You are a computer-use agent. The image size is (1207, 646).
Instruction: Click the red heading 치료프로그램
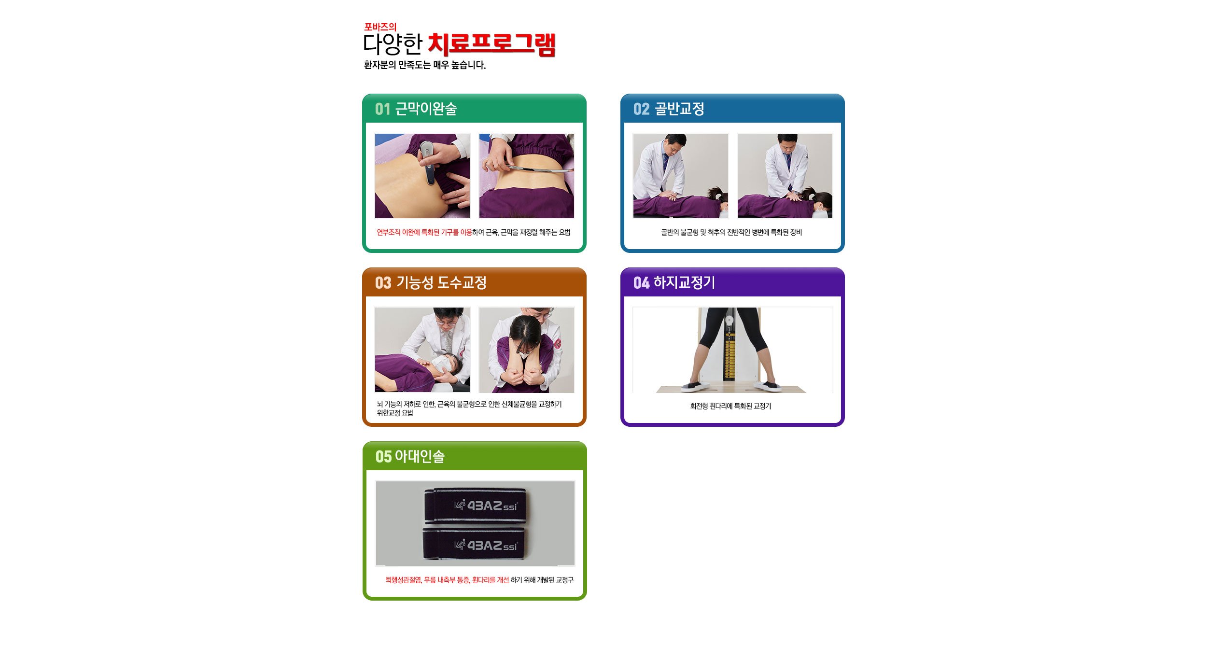(x=491, y=44)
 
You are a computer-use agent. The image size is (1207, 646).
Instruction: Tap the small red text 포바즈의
(x=380, y=27)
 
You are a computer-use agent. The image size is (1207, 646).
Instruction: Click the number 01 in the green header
(x=382, y=109)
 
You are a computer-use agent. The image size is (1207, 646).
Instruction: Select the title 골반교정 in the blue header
(x=679, y=109)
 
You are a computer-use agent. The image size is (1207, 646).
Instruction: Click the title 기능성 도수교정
(x=441, y=282)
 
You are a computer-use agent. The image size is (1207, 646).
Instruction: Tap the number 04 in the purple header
(x=641, y=283)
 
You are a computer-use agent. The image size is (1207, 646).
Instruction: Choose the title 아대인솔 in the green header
(x=420, y=456)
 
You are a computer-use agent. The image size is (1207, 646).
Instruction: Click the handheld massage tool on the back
(x=427, y=162)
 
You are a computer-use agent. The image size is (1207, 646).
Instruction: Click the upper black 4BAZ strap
(x=476, y=506)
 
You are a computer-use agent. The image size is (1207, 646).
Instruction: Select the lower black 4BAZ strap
(x=475, y=545)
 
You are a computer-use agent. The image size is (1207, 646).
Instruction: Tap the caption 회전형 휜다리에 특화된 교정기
(x=730, y=407)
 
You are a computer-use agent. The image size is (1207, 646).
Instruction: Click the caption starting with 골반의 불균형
(x=731, y=233)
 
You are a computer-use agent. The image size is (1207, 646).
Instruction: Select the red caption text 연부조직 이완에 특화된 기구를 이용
(x=424, y=233)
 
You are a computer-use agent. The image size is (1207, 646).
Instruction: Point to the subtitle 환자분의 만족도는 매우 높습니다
(x=424, y=65)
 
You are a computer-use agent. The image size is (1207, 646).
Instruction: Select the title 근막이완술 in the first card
(x=426, y=109)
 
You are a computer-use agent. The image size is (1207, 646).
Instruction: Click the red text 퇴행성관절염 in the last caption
(x=404, y=580)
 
